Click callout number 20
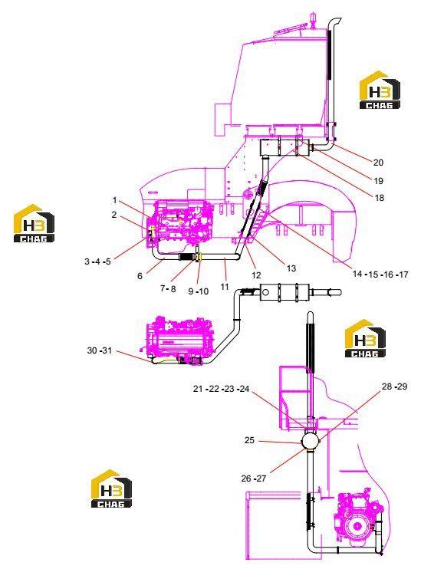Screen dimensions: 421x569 tap(378, 163)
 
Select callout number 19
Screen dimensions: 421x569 tap(378, 181)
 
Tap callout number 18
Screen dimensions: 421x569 tap(380, 198)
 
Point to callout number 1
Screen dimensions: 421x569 tap(115, 200)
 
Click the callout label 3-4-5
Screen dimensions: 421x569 tap(97, 261)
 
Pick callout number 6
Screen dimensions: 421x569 tap(140, 276)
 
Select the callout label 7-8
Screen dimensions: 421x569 tap(168, 289)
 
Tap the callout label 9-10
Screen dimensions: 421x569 tap(198, 291)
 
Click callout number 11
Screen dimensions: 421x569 tap(225, 287)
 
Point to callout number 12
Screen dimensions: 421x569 tap(256, 275)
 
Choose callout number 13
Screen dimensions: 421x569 tap(291, 268)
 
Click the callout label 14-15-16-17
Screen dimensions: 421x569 tap(380, 275)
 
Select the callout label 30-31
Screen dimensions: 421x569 tap(100, 350)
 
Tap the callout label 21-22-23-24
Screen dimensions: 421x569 tap(221, 389)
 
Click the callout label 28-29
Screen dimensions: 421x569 tap(394, 386)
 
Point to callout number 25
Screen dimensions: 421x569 tap(249, 440)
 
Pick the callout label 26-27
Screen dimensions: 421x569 tap(253, 479)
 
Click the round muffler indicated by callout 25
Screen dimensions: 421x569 tap(311, 440)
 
